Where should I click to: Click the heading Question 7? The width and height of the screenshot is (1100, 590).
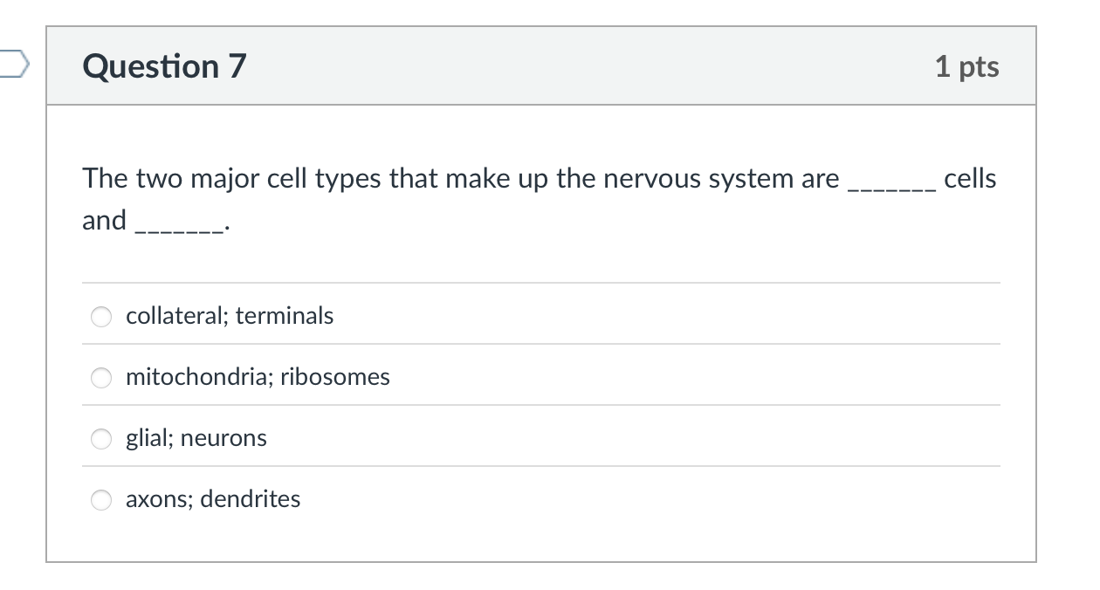click(165, 66)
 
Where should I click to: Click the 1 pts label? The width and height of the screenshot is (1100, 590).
click(966, 66)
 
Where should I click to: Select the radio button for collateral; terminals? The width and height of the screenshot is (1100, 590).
click(102, 316)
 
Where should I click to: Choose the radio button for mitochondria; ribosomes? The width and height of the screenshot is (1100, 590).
click(102, 377)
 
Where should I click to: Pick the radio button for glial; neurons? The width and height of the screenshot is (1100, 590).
click(102, 438)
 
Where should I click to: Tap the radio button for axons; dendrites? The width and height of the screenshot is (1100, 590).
click(102, 499)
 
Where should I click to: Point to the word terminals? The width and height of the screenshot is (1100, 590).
click(285, 315)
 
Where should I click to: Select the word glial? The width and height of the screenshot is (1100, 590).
click(148, 438)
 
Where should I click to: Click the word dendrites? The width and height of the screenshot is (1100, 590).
click(253, 499)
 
